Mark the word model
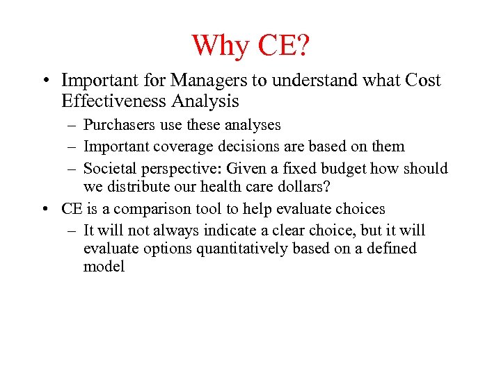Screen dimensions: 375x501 (104, 267)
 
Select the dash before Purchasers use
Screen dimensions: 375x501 (72, 126)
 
